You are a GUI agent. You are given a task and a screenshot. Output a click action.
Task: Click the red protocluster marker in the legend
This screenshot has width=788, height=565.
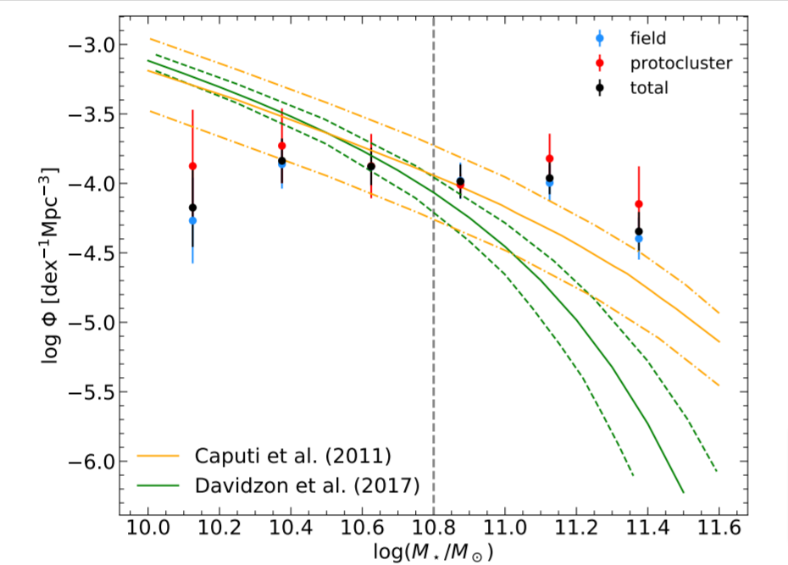coord(600,62)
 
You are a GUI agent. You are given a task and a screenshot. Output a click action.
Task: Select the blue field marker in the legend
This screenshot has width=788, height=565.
coord(600,37)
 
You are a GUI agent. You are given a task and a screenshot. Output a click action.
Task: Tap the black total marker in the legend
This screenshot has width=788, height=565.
coord(600,86)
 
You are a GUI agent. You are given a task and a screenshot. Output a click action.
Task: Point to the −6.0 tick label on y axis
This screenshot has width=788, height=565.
coord(91,462)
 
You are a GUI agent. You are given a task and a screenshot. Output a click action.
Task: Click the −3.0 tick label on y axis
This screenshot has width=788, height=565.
coord(91,45)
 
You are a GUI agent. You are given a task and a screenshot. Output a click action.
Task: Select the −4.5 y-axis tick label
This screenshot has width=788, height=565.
coord(91,253)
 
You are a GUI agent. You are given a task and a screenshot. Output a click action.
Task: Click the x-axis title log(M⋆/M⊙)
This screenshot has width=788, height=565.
coord(433,552)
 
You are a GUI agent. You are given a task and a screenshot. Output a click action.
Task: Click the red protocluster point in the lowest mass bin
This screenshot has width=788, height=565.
coord(192,166)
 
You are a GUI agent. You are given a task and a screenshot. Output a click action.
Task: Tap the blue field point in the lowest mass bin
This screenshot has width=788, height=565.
coord(192,220)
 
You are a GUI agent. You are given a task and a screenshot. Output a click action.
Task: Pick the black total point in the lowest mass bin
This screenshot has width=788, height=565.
coord(192,208)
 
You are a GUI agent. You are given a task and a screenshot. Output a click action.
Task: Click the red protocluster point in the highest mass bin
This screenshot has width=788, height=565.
coord(639,204)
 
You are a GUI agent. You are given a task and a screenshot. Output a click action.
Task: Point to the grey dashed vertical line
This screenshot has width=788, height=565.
coord(434,339)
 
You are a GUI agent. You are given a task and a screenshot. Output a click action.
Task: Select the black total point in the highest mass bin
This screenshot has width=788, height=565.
coord(639,231)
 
